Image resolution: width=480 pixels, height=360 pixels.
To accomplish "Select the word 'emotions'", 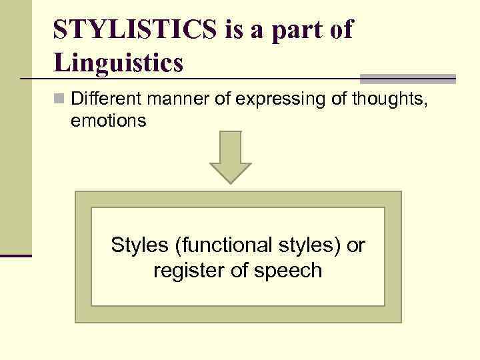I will pos(109,122).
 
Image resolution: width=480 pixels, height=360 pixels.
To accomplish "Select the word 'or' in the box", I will pos(356,245).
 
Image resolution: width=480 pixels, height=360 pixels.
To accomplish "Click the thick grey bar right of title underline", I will pos(408,78).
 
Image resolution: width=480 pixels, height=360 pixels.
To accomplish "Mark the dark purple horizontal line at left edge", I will pos(15,255).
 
